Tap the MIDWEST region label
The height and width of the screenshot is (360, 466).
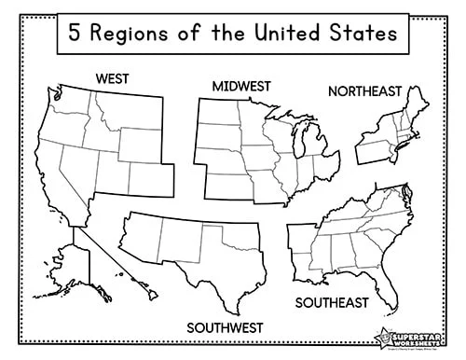tap(240, 86)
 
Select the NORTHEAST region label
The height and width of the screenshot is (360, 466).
tap(363, 90)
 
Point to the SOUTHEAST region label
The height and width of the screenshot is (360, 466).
tap(332, 302)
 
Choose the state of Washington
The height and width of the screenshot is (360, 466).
tap(71, 101)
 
